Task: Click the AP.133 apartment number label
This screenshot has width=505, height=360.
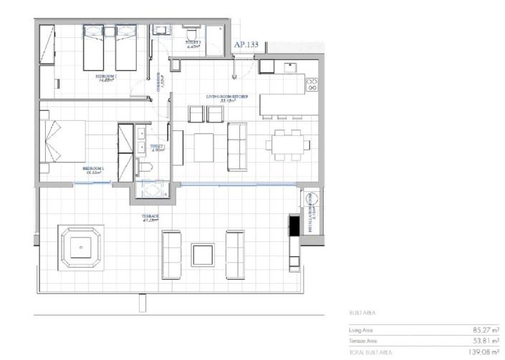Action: click(x=246, y=44)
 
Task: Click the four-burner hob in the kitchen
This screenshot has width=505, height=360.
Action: click(x=312, y=86)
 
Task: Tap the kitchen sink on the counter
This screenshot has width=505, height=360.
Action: click(x=290, y=67)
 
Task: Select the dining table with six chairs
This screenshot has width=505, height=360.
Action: click(x=287, y=145)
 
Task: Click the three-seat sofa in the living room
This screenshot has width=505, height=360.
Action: click(x=236, y=146)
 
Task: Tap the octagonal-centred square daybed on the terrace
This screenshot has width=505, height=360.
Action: click(x=82, y=248)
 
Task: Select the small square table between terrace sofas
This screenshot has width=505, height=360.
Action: click(x=202, y=255)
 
